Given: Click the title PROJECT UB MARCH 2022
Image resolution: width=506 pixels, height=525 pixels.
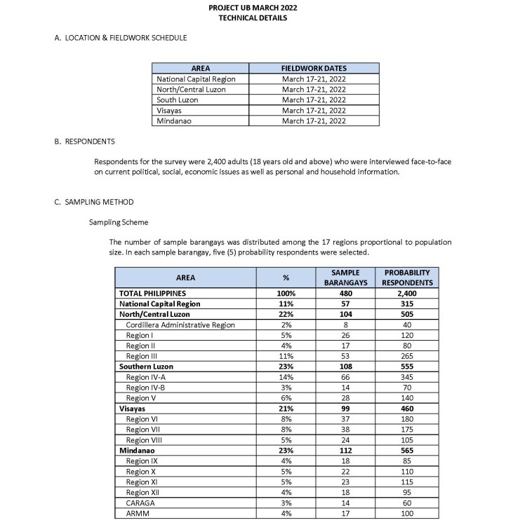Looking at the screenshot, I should click(253, 8).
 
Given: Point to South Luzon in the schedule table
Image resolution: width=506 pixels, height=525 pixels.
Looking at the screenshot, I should click(178, 100).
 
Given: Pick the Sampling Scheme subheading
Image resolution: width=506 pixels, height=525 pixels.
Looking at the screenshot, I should click(119, 222).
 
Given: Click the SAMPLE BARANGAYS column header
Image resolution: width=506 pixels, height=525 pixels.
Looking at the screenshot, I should click(345, 278).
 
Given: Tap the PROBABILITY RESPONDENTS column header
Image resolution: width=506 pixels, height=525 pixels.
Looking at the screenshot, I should click(407, 278).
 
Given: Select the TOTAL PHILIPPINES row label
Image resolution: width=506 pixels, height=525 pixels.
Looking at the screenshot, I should click(152, 294).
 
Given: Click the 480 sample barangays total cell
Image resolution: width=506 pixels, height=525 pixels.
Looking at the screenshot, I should click(345, 294).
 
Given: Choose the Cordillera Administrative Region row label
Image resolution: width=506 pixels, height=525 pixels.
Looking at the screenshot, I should click(180, 325).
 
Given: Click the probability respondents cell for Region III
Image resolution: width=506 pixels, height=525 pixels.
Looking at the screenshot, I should click(407, 357).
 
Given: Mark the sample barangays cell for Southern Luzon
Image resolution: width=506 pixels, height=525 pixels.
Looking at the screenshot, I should click(345, 367).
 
